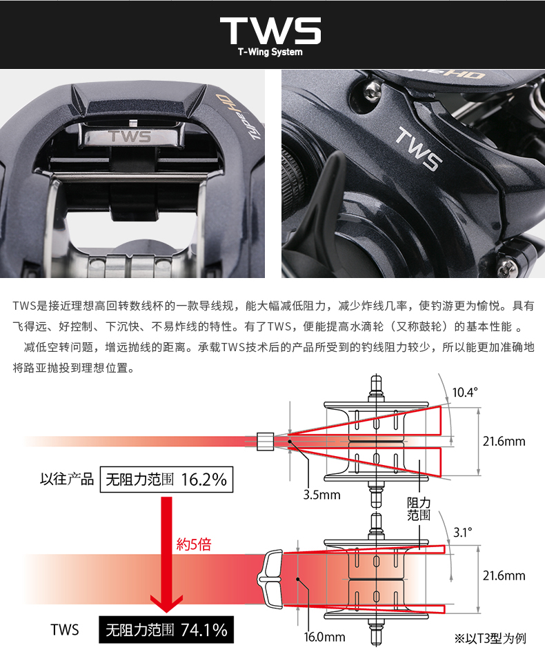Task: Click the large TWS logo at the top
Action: click(270, 30)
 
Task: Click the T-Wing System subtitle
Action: click(270, 52)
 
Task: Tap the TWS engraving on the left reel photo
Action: click(129, 136)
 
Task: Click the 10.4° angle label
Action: click(464, 393)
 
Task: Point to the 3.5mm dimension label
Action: click(321, 495)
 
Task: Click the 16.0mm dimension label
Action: click(324, 637)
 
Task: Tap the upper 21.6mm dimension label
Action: click(504, 442)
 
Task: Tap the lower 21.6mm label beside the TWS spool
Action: click(504, 575)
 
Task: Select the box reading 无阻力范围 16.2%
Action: click(166, 480)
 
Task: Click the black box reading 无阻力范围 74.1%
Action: click(166, 629)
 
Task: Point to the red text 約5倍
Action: click(194, 544)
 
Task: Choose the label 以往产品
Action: click(67, 480)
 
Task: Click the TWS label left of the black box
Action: click(65, 629)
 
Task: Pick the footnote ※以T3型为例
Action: click(490, 638)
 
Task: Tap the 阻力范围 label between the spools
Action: click(419, 509)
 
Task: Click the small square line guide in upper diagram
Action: click(265, 441)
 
